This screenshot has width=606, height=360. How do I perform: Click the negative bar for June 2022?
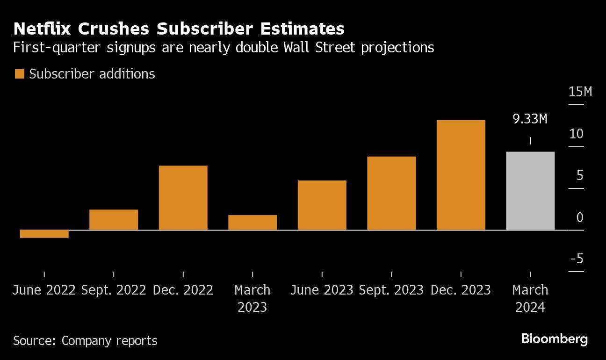tap(44, 234)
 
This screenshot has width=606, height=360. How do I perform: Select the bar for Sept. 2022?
tap(114, 220)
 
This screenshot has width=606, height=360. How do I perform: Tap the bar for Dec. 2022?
tap(183, 198)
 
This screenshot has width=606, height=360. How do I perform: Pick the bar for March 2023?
tap(252, 223)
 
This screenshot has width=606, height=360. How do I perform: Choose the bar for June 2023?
tap(322, 205)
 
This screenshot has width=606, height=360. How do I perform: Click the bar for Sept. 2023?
tap(391, 193)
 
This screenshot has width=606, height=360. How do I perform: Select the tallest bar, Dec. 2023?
tap(461, 175)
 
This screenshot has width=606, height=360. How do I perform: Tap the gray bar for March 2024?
tap(530, 191)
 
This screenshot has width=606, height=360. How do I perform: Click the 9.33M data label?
tap(530, 119)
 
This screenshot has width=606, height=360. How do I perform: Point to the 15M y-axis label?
tap(580, 92)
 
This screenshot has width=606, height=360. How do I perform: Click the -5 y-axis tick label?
tap(577, 259)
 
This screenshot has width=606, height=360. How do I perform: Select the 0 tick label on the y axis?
tap(580, 217)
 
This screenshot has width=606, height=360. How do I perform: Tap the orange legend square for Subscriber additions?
tap(20, 74)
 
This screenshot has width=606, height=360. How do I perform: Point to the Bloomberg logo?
tap(555, 339)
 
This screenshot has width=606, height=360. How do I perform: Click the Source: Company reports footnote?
tap(85, 340)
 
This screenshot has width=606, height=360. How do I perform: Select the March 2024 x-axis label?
tap(530, 298)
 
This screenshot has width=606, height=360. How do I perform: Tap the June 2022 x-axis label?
tap(44, 290)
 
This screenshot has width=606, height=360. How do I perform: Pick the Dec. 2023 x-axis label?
tap(461, 290)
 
